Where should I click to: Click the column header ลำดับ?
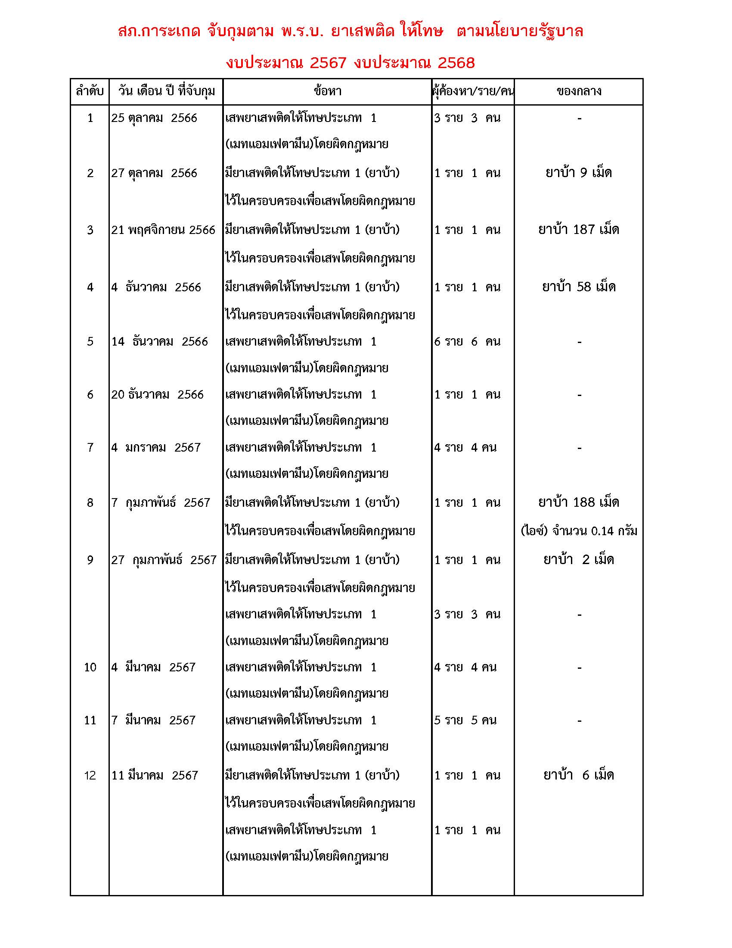click(x=89, y=92)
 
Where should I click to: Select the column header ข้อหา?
click(x=327, y=92)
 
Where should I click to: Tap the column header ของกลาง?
click(x=578, y=92)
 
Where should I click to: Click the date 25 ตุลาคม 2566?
click(x=154, y=118)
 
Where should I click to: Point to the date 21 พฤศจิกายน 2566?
click(x=163, y=230)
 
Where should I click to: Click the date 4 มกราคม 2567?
click(x=156, y=448)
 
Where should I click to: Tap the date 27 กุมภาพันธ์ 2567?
click(x=164, y=560)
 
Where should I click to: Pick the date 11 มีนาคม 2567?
click(x=155, y=775)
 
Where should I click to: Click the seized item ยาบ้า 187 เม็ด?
click(x=578, y=230)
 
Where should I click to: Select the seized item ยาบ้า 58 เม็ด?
click(x=578, y=287)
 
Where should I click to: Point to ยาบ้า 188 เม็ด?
click(x=578, y=502)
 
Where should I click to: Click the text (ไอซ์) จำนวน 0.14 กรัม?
click(x=578, y=531)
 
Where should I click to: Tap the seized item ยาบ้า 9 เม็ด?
click(x=578, y=173)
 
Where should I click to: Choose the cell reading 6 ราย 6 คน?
click(x=467, y=342)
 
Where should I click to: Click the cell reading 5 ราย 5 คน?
click(x=465, y=720)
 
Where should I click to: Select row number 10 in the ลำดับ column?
click(x=90, y=667)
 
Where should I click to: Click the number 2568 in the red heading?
click(x=456, y=63)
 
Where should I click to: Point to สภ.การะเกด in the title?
click(x=159, y=32)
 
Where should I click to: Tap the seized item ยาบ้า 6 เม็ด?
click(x=578, y=775)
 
